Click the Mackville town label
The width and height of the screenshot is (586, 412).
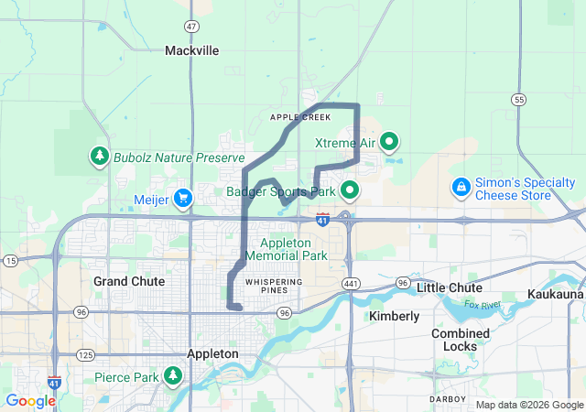192,51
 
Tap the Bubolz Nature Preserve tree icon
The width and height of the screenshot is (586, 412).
99,157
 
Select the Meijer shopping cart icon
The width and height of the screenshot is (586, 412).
183,196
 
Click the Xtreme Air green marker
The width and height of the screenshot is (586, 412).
389,142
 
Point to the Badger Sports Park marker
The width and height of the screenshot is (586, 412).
349,191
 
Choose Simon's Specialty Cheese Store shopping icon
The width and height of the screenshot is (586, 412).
461,188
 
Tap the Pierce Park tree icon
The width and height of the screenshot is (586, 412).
172,376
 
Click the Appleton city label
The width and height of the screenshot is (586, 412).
212,353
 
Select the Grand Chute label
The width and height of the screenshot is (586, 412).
129,281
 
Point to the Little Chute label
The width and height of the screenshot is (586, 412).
450,287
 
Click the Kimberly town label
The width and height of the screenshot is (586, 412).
394,316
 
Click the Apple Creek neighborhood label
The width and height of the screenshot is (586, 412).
299,117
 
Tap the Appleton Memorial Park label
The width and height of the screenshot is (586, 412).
293,249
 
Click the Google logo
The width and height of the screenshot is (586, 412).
31,400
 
